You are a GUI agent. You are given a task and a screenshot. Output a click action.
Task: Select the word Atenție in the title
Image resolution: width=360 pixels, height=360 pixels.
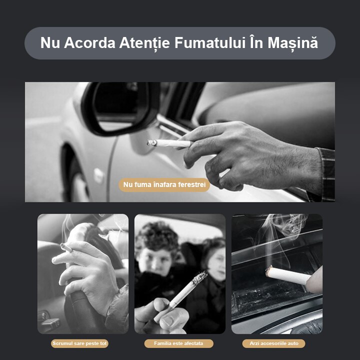point(146,43)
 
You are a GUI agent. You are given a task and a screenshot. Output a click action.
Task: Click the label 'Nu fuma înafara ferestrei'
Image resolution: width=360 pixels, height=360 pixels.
point(164,185)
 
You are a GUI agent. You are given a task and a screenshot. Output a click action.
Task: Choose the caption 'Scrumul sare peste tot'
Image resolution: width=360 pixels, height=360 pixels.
point(80,343)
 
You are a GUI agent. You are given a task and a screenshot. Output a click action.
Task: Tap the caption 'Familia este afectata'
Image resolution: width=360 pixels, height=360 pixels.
point(179,343)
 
